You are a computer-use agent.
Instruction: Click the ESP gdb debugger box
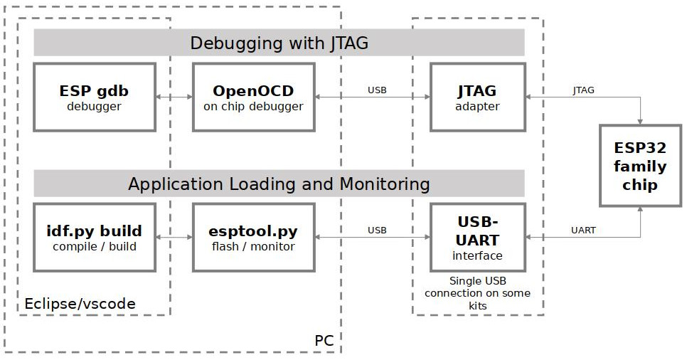click(x=94, y=97)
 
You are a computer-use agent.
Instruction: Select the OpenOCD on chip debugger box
click(x=253, y=97)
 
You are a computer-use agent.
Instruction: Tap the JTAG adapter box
click(x=477, y=97)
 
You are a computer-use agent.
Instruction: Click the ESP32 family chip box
click(x=640, y=166)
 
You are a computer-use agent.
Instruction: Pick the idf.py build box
click(x=94, y=238)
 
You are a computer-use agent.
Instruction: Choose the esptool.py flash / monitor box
click(x=253, y=238)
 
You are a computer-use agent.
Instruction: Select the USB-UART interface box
click(x=477, y=238)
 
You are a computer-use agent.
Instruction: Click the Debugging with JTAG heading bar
click(x=279, y=43)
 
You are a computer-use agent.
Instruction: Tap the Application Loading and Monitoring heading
click(x=279, y=184)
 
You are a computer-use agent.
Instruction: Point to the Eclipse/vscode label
click(x=80, y=304)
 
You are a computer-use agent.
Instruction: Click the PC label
click(x=324, y=341)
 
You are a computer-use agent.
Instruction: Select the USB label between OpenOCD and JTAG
click(x=377, y=90)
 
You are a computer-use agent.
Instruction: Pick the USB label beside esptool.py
click(x=377, y=231)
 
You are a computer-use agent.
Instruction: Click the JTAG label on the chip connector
click(x=583, y=90)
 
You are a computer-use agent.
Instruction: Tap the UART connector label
click(x=583, y=231)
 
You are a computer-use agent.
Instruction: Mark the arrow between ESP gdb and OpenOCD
click(x=174, y=97)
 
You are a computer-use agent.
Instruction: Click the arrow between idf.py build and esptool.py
click(x=174, y=238)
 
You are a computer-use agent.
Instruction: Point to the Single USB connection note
click(x=477, y=292)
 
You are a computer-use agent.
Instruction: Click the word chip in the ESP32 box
click(x=640, y=185)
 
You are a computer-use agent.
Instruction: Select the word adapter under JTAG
click(x=477, y=107)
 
